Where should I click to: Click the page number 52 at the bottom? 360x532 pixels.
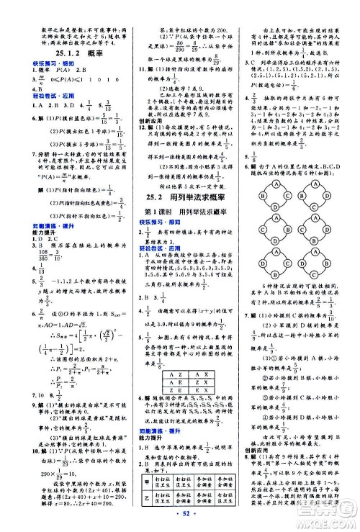pos(180,520)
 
